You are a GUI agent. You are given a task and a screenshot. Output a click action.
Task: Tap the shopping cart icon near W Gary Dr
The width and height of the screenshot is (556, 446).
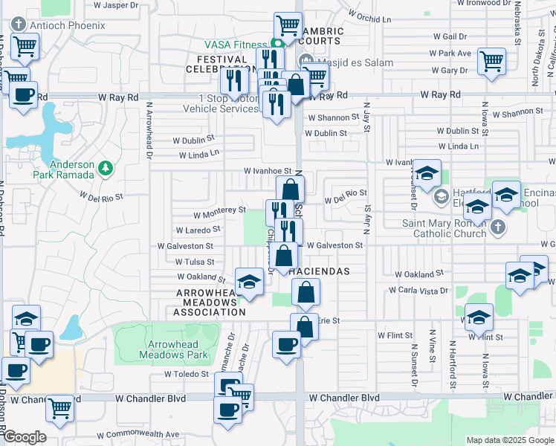pos(491,60)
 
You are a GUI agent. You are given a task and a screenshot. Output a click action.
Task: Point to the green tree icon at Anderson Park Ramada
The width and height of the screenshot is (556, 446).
pos(106,168)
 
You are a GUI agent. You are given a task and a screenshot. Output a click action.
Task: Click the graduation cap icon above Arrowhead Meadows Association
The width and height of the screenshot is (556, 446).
pos(249,282)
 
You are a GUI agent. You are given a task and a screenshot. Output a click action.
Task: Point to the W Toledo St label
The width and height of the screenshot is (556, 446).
pos(188,375)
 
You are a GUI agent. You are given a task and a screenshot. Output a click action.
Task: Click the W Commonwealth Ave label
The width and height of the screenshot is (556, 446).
pos(139,434)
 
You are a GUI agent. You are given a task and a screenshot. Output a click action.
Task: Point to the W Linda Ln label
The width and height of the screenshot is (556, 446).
pos(199,155)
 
